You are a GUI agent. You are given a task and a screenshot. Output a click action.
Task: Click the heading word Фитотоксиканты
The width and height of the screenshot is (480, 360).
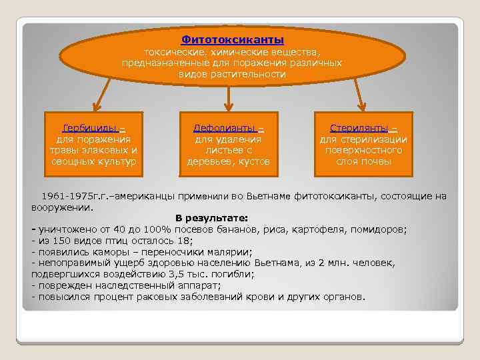tap(233, 40)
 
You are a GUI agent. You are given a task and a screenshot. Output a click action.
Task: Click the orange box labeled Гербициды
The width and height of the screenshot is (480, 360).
tap(93, 144)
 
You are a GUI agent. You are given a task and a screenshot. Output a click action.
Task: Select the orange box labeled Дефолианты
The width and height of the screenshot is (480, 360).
tap(229, 144)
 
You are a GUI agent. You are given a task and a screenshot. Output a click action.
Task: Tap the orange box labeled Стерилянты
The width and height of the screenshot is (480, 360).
tap(363, 144)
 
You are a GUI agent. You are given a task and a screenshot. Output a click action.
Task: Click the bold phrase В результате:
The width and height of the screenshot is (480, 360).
tap(211, 218)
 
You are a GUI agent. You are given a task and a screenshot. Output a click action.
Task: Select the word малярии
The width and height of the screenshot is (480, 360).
tap(231, 251)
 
